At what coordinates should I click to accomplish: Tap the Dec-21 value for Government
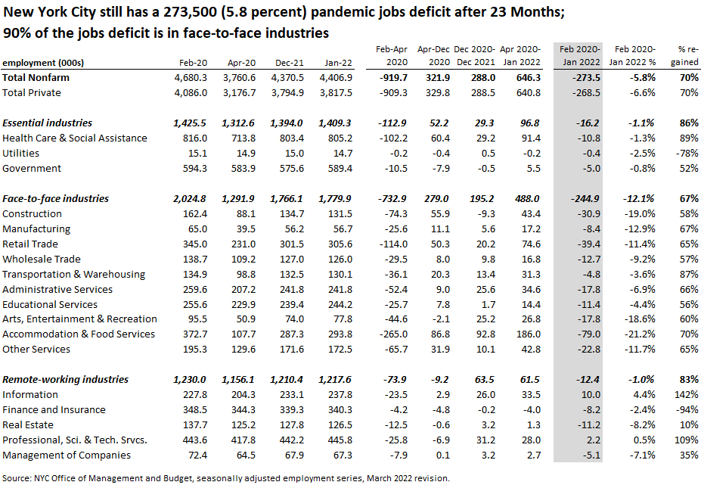tap(290, 169)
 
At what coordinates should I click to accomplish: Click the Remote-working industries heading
tap(66, 380)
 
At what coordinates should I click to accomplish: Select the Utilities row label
tap(20, 154)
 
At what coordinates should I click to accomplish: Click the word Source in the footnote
tap(17, 477)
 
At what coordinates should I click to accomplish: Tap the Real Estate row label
tap(27, 425)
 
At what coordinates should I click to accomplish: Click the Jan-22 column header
tap(339, 62)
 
